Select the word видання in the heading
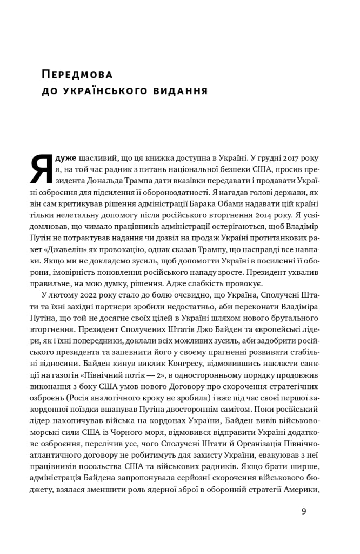[x=178, y=90]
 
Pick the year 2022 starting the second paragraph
[x=83, y=295]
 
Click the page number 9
[x=304, y=511]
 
